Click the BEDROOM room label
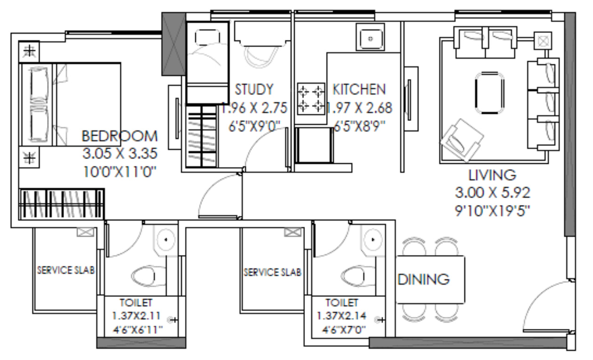click(x=120, y=136)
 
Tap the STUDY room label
click(x=254, y=89)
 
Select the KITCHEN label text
click(x=359, y=89)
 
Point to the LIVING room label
click(x=492, y=175)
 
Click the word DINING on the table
click(x=424, y=280)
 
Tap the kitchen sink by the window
click(x=370, y=37)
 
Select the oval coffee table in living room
click(x=489, y=93)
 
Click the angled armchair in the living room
click(x=461, y=139)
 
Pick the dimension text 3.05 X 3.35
click(x=120, y=154)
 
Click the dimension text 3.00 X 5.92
click(x=492, y=192)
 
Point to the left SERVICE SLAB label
click(x=66, y=271)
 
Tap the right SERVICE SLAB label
click(x=272, y=272)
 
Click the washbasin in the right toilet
click(x=372, y=240)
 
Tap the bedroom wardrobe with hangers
click(x=61, y=203)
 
